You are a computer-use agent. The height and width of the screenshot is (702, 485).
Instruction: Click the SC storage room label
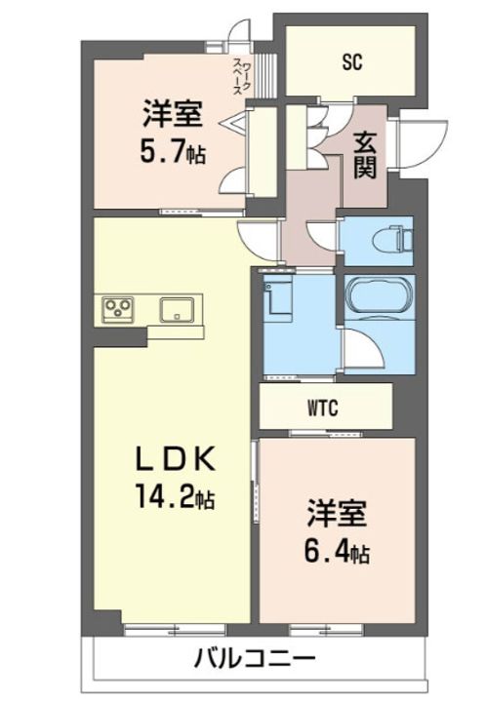tap(352, 61)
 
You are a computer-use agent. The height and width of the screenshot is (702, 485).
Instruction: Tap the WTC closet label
tap(326, 408)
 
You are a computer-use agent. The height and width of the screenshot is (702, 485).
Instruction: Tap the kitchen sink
tap(177, 310)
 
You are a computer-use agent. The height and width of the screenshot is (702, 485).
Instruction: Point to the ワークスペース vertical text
tap(243, 70)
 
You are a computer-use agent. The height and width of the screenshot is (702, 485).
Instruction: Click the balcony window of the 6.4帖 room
tap(332, 624)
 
